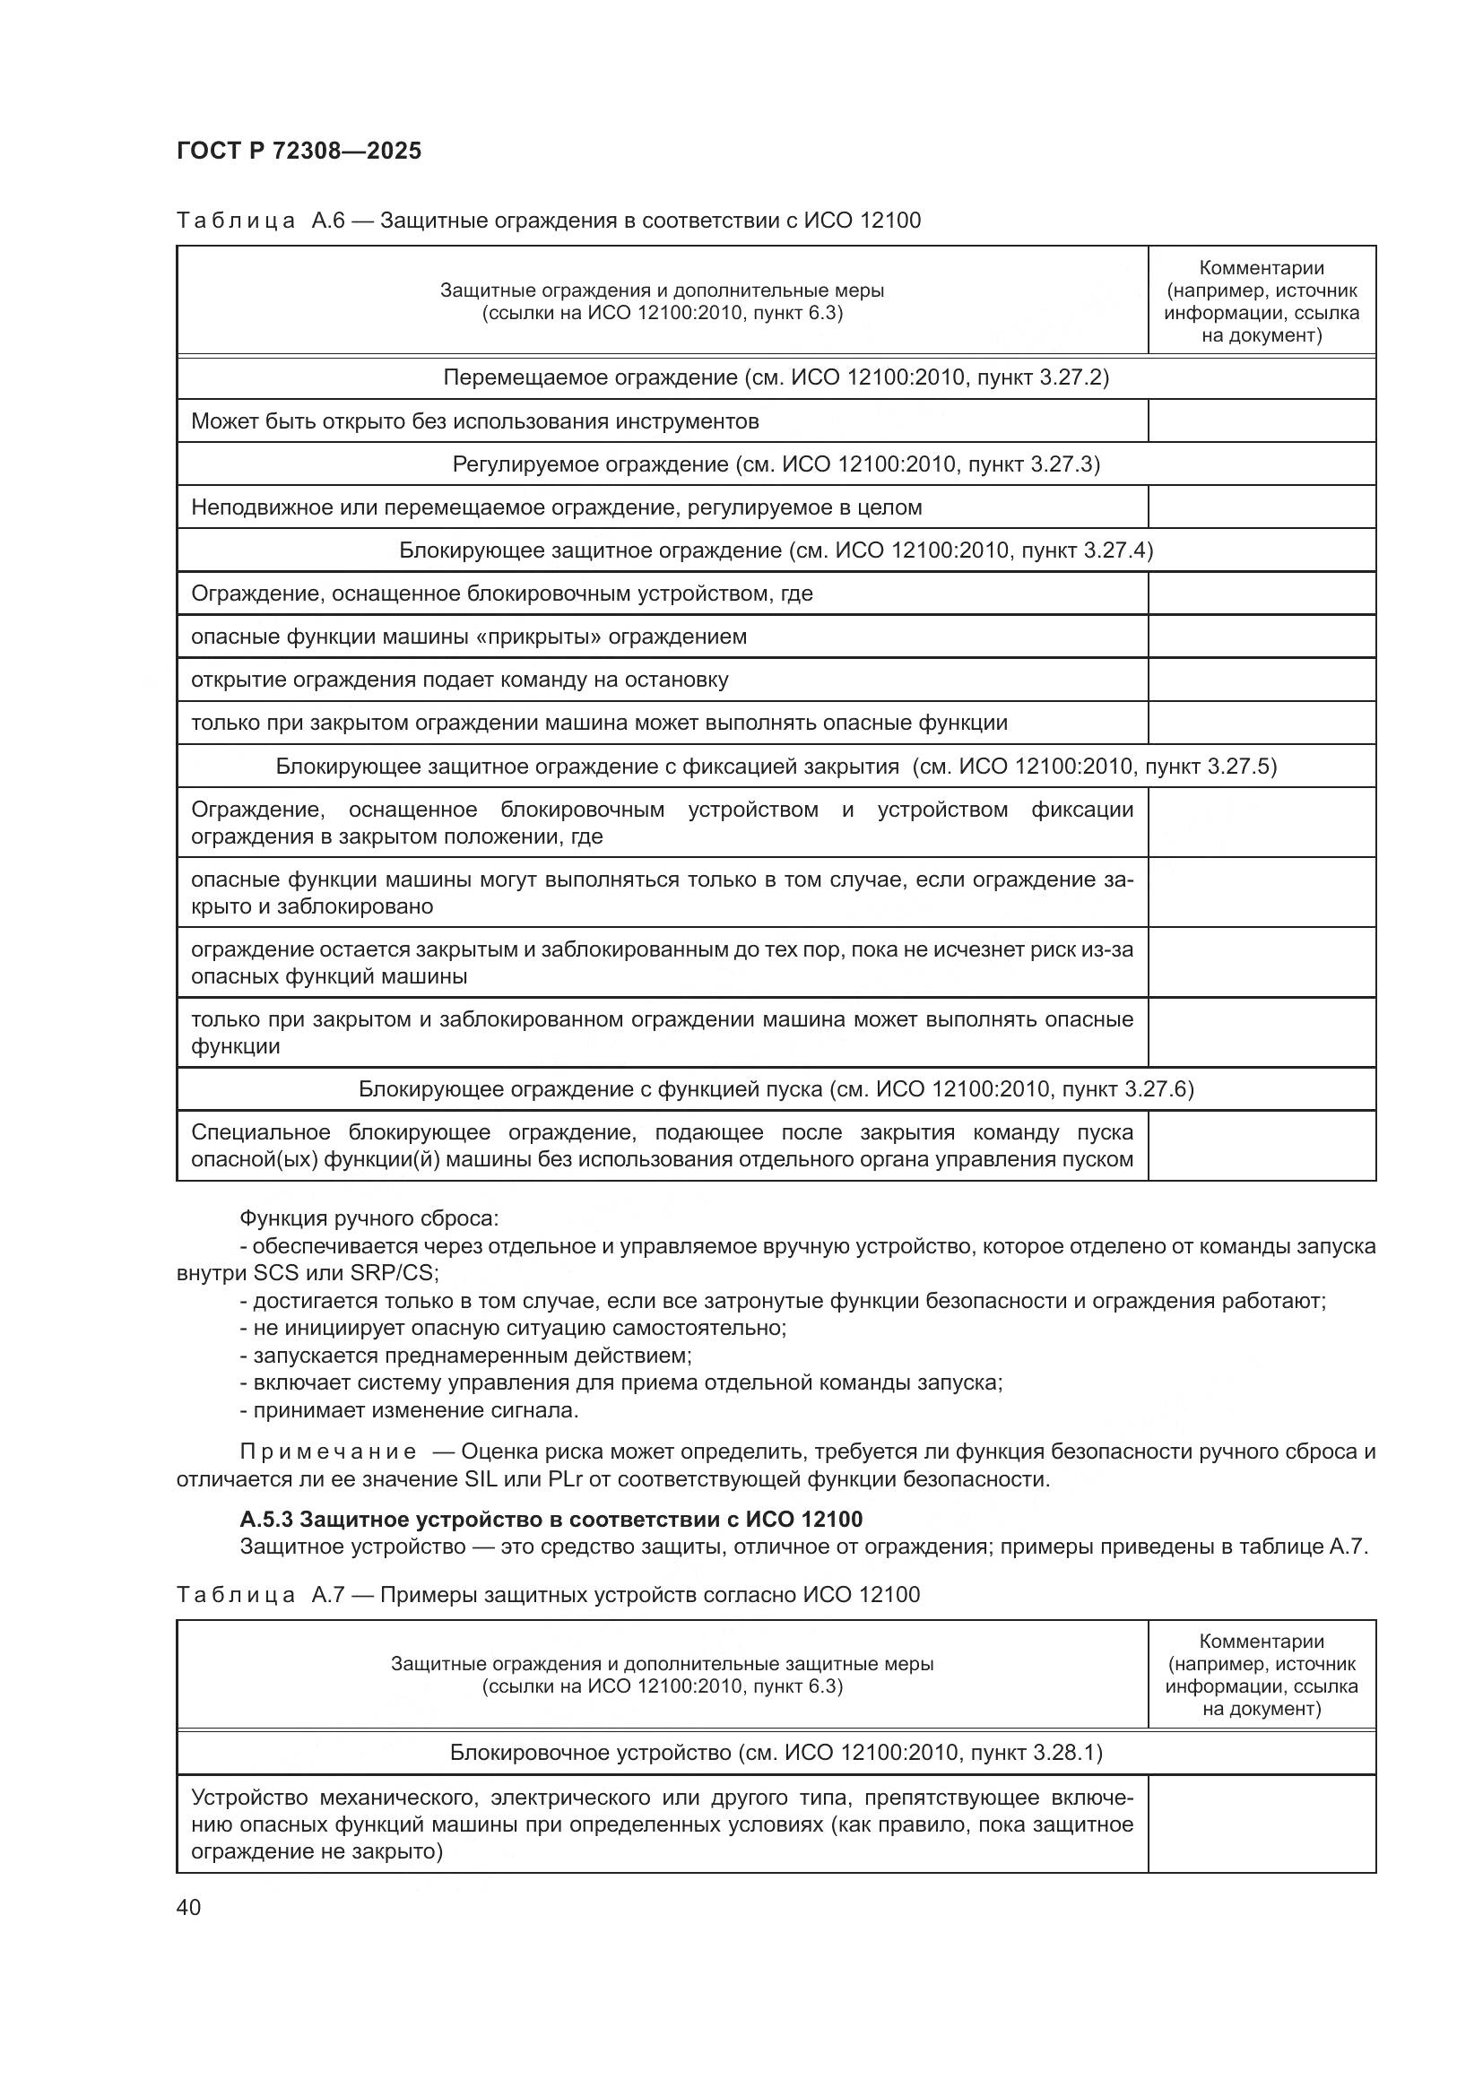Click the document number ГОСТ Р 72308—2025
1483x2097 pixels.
(x=299, y=151)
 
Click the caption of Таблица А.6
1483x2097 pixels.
(x=548, y=221)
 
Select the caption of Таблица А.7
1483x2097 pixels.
(x=548, y=1595)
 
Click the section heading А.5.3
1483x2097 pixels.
(x=551, y=1520)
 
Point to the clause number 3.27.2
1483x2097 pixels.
(x=1073, y=378)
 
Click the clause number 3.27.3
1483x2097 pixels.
(x=1065, y=465)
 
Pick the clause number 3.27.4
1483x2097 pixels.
(x=1117, y=550)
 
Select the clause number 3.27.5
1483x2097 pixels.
(x=1240, y=767)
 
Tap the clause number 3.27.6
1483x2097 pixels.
(x=1158, y=1089)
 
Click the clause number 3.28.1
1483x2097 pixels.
(x=1067, y=1753)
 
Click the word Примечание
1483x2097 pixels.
(x=328, y=1452)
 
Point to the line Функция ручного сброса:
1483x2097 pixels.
(x=369, y=1218)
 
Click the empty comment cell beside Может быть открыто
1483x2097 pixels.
(x=1262, y=421)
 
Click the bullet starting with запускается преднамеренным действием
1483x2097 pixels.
(x=465, y=1356)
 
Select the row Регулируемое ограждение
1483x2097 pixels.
(x=776, y=465)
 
